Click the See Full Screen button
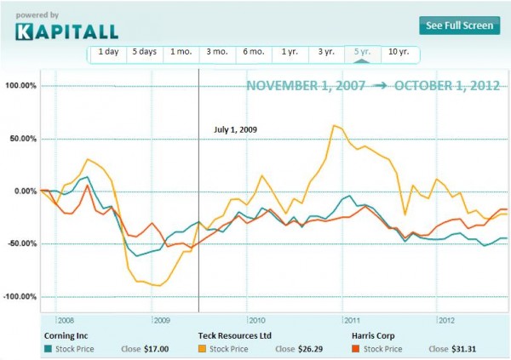coord(458,26)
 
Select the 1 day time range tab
coord(107,52)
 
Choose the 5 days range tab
coord(144,52)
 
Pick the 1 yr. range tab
coord(289,52)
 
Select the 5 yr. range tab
coord(361,52)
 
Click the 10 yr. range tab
coord(398,52)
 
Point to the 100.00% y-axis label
coord(20,86)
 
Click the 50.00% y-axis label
coord(22,139)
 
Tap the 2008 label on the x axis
coord(66,320)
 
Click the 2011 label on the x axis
coord(351,320)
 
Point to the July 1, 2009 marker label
coord(234,130)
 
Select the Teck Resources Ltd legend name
coord(233,335)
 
